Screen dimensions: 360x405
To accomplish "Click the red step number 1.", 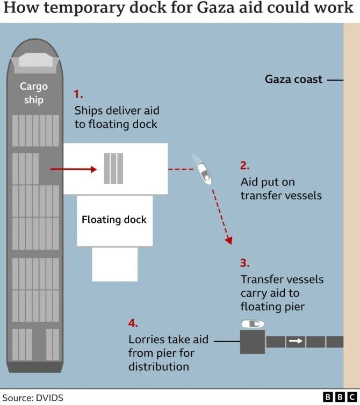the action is (x=78, y=94).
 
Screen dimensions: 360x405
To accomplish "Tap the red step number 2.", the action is (x=244, y=165).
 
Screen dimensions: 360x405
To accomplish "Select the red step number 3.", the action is (x=244, y=263).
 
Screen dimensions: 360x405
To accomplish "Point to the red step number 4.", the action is (x=133, y=323).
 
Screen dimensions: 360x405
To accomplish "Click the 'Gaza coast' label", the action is (x=293, y=79).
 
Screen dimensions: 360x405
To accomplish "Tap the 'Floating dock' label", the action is (x=114, y=220).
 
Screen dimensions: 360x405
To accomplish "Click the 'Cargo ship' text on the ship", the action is (x=34, y=93).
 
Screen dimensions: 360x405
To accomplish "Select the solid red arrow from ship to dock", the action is (x=74, y=169).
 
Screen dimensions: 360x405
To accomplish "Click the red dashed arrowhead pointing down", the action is (x=229, y=240).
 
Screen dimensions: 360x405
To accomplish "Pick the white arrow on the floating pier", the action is (x=296, y=341).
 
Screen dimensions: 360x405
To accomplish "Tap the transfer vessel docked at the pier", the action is (x=253, y=324).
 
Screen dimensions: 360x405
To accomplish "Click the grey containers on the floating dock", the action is (x=113, y=169).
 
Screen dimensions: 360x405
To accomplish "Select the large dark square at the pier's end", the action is (x=253, y=342).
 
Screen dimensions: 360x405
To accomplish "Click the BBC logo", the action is (x=340, y=397).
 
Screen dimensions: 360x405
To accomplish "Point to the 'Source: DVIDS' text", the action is (x=33, y=398).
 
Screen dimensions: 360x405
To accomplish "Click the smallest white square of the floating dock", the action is (x=115, y=264).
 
